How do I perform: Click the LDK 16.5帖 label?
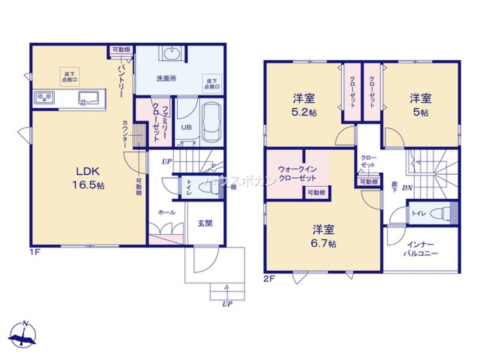pyautogui.click(x=90, y=178)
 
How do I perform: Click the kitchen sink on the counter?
pyautogui.click(x=89, y=98)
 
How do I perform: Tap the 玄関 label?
pyautogui.click(x=205, y=223)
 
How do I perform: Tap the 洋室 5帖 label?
pyautogui.click(x=420, y=106)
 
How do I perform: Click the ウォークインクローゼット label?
pyautogui.click(x=298, y=173)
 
